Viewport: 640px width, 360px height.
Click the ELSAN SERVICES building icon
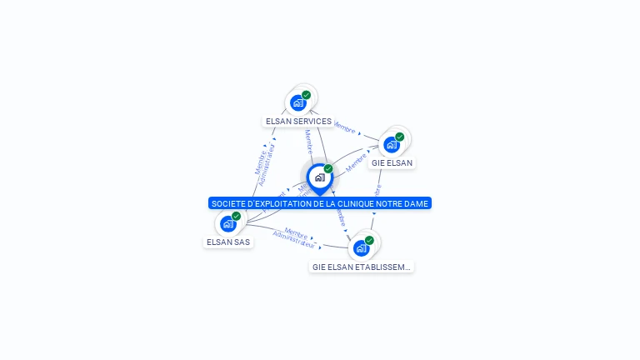pos(298,103)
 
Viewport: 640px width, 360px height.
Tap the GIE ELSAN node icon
pos(392,145)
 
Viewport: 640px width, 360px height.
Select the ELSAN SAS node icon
pos(227,223)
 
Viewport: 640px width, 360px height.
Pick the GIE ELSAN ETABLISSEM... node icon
pos(361,247)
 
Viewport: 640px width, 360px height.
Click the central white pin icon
pos(319,177)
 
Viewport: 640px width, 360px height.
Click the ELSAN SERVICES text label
pos(298,122)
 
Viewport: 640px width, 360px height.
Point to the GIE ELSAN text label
pos(392,162)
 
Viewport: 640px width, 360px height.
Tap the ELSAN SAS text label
pos(227,242)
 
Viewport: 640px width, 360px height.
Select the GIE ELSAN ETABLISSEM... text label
pos(361,267)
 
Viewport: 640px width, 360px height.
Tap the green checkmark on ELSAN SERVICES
pos(307,95)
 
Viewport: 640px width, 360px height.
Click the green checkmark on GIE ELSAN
pos(400,137)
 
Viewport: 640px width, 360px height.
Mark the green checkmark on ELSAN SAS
pos(236,216)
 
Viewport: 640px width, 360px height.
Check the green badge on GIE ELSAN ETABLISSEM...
pos(369,240)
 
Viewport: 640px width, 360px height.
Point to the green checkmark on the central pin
pos(328,169)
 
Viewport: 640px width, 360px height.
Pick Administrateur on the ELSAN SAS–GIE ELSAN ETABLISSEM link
pos(294,240)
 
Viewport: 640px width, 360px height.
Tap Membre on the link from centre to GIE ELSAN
pos(357,162)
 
